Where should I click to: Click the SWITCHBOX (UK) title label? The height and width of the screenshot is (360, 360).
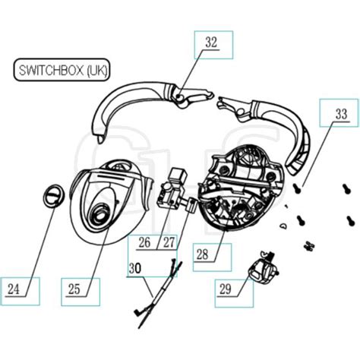coord(62,71)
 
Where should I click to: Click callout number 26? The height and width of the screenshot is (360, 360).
coord(144,244)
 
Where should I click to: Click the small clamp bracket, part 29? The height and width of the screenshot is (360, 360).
coord(263,267)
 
